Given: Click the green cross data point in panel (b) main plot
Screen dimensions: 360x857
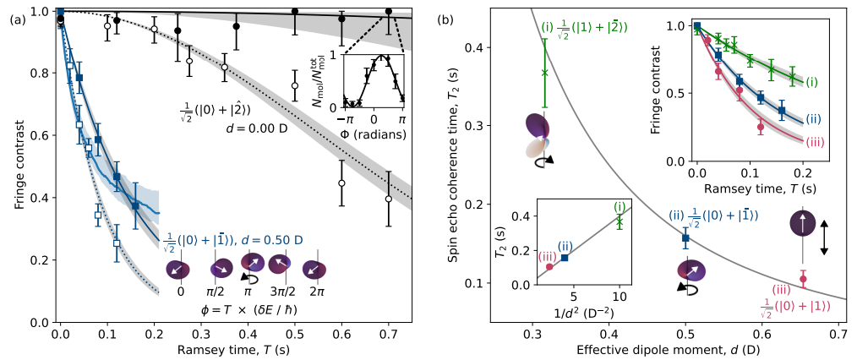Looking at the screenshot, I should [x=545, y=73].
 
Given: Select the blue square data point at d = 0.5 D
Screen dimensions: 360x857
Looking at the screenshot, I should [x=685, y=238].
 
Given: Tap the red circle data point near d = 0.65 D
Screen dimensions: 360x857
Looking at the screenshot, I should [x=803, y=279].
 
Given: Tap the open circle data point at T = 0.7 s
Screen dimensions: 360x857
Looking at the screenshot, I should [x=388, y=199].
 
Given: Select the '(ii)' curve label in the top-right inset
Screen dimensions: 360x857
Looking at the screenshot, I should [x=814, y=117].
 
